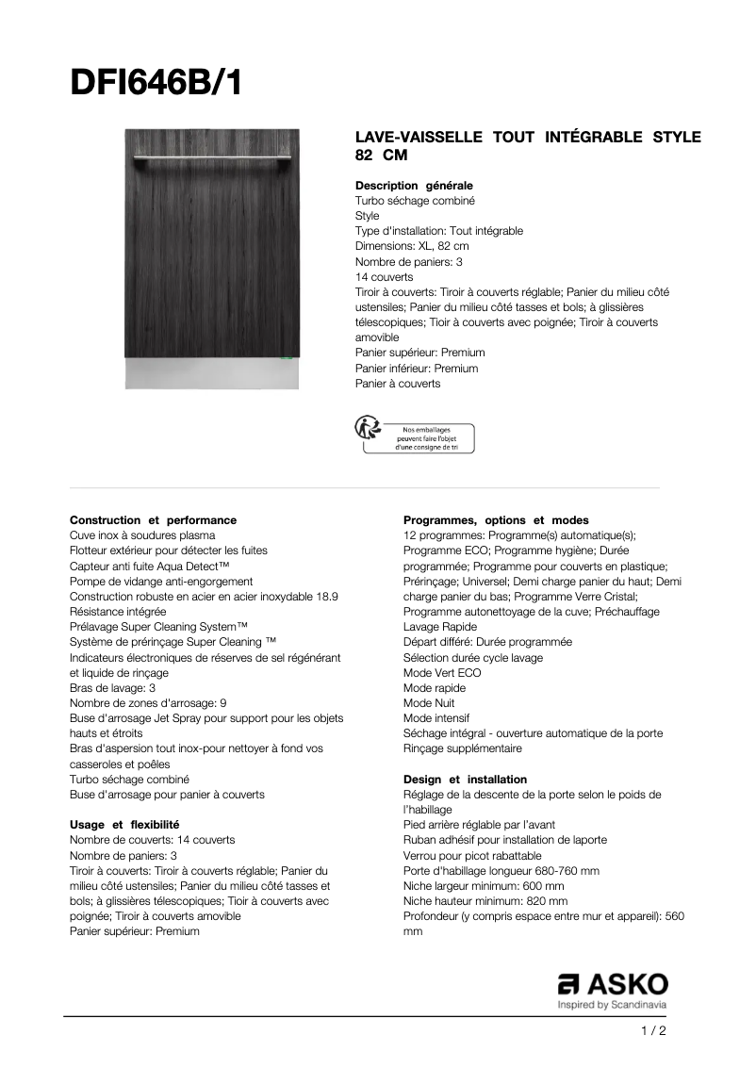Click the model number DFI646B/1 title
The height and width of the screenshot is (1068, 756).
[156, 84]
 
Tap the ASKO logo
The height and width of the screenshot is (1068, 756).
[612, 985]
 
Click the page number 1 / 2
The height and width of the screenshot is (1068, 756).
[653, 1031]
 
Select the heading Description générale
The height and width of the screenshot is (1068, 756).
[414, 186]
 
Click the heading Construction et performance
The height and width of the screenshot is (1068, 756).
[153, 520]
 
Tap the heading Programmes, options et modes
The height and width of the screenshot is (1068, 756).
[496, 520]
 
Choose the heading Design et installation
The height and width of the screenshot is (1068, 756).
[465, 780]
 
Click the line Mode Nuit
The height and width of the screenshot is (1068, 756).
[429, 703]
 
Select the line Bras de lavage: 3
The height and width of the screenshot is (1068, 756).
[113, 688]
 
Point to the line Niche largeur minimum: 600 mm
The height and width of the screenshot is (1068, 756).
[484, 886]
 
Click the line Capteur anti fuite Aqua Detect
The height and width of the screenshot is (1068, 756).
[150, 567]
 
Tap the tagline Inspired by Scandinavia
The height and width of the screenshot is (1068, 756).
[612, 1005]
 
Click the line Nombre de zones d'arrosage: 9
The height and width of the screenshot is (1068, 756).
[148, 703]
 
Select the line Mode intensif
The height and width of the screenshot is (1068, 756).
[436, 718]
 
